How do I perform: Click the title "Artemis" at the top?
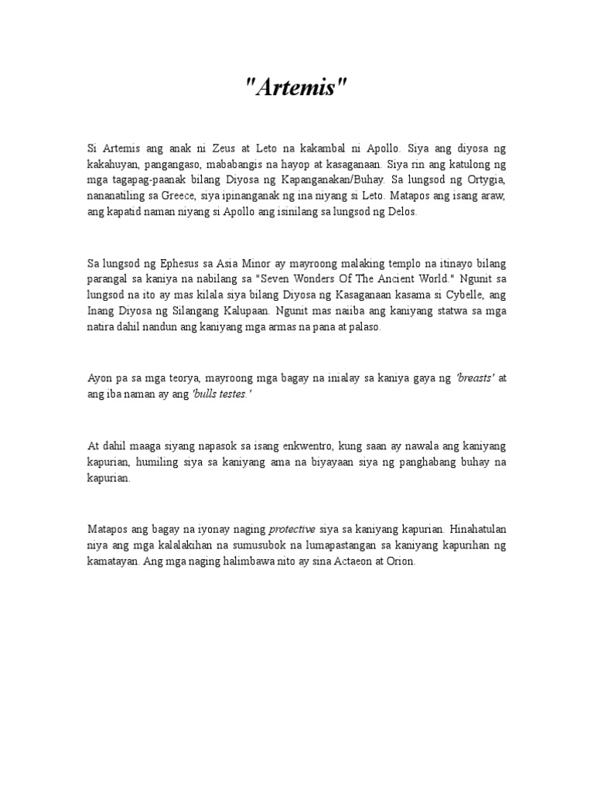click(297, 88)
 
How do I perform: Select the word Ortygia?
click(484, 179)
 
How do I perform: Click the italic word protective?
click(292, 531)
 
